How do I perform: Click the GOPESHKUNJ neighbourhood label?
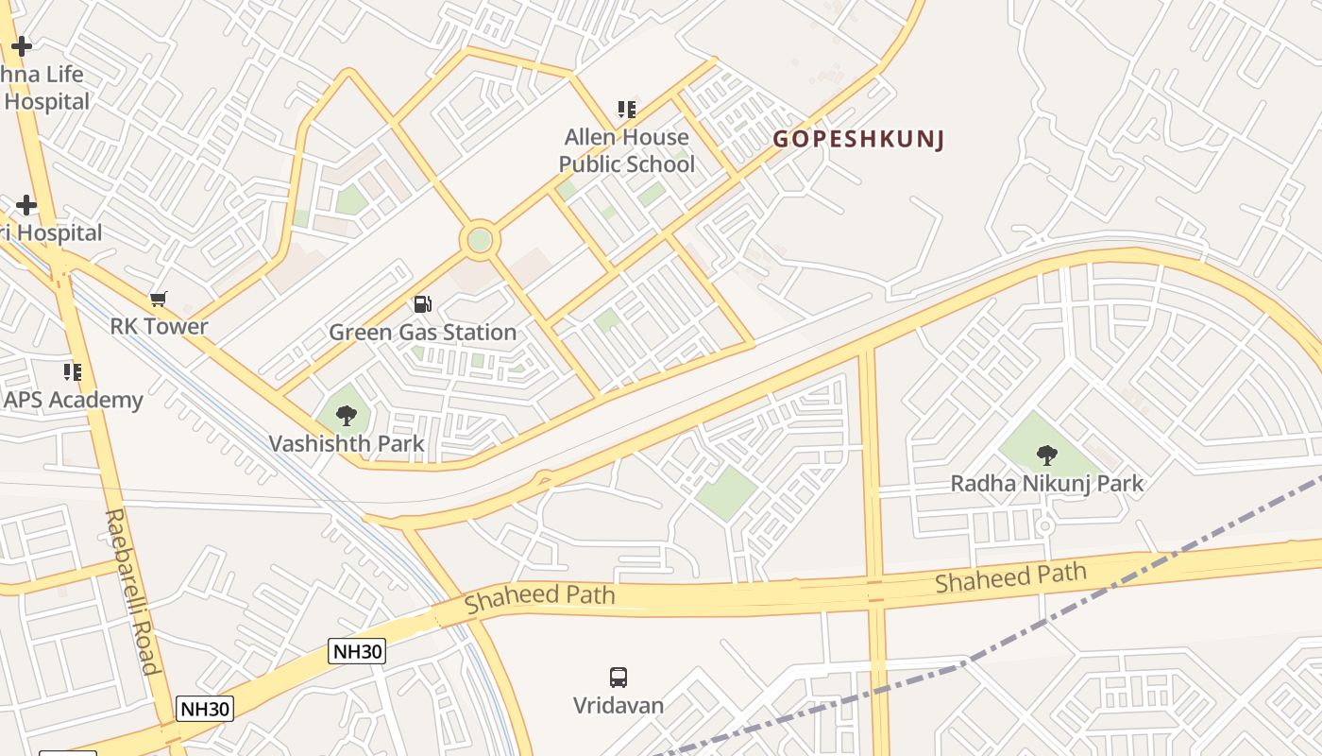(858, 140)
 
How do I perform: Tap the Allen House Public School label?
(626, 150)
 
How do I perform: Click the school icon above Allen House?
(626, 110)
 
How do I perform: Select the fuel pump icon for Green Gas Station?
(423, 304)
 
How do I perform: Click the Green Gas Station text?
(422, 332)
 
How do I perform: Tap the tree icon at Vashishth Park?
(347, 414)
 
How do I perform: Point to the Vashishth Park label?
(347, 443)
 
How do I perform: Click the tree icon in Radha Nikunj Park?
(1046, 455)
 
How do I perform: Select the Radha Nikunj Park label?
(1046, 484)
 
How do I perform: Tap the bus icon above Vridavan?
(619, 677)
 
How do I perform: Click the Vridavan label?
(619, 705)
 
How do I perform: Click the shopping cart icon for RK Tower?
(159, 299)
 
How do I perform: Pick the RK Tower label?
(159, 327)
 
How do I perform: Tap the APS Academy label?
(73, 400)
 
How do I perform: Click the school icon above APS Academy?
(72, 371)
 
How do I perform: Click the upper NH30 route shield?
(357, 650)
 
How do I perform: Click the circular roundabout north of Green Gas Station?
(480, 240)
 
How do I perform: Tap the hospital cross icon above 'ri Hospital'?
(26, 204)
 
